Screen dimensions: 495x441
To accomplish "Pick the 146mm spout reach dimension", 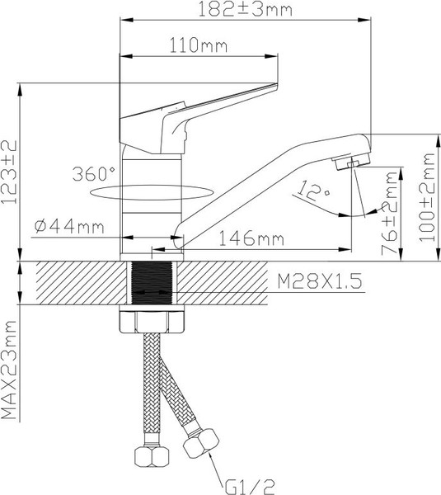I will pos(251,239).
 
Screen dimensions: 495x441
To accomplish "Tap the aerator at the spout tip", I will pos(351,163).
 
